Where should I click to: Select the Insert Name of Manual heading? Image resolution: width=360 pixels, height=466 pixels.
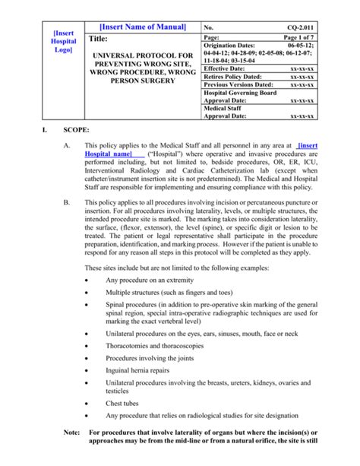click(x=143, y=27)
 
